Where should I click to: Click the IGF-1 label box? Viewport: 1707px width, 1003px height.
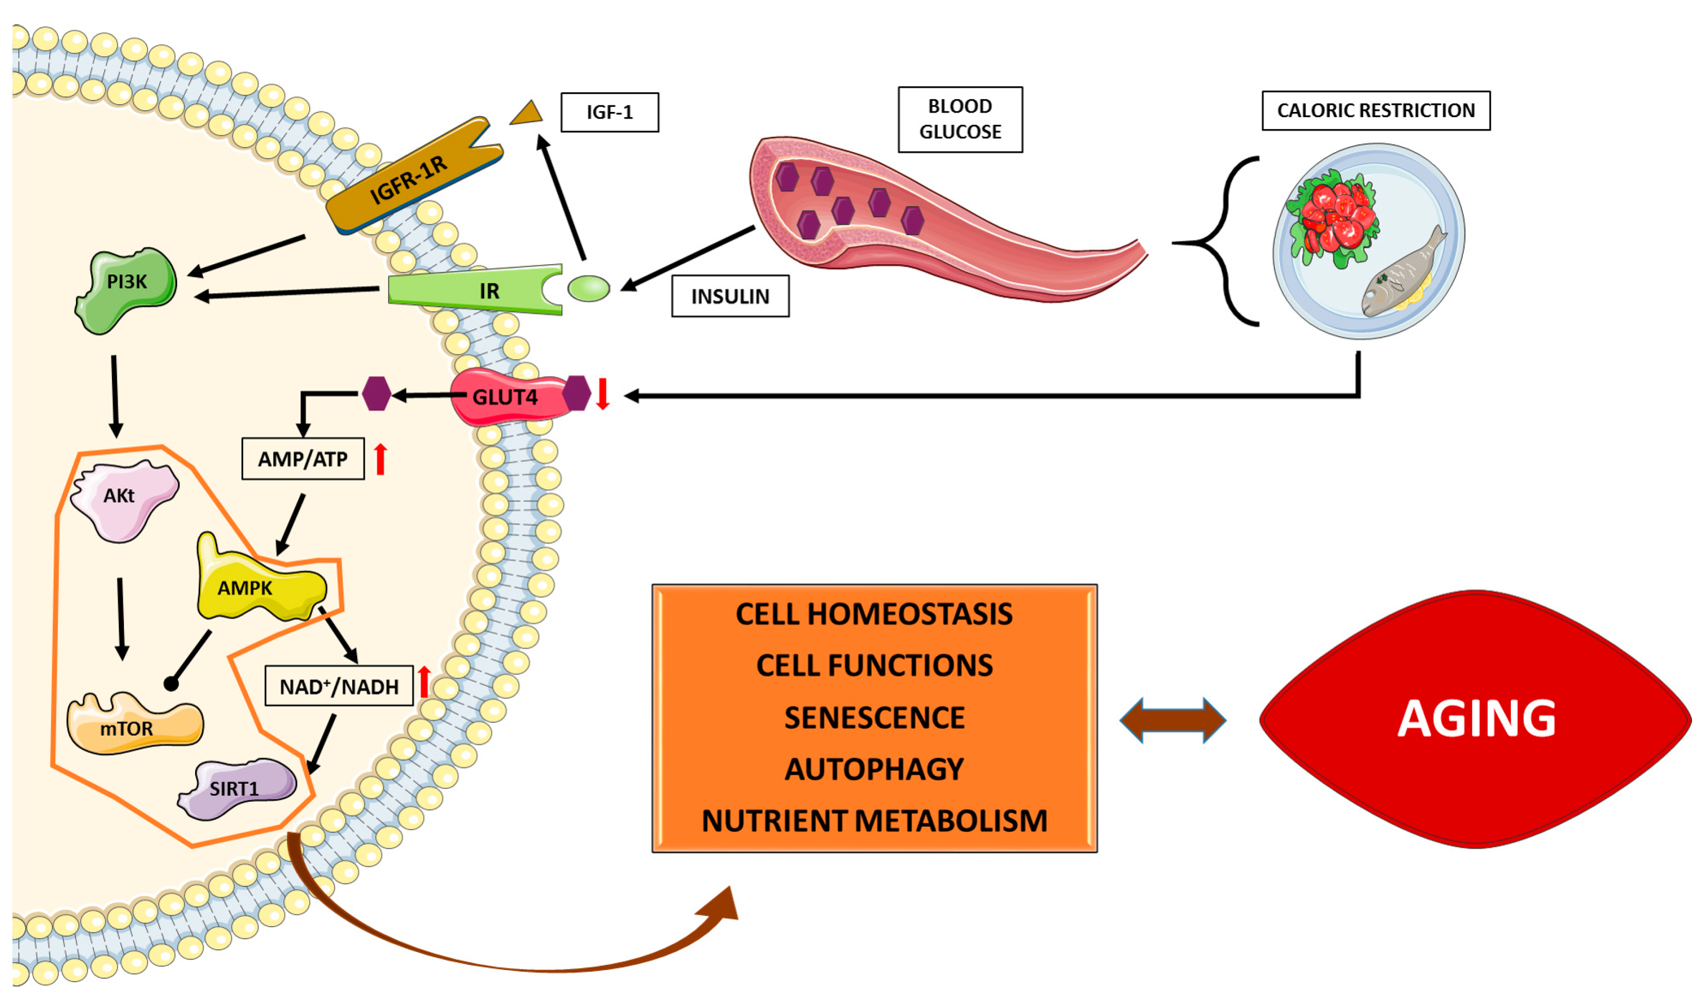pos(610,112)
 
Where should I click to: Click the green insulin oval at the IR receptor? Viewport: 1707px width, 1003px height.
pos(588,288)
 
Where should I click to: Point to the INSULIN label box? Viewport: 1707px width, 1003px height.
pos(730,296)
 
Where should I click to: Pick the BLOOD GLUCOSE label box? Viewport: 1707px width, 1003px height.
pos(961,119)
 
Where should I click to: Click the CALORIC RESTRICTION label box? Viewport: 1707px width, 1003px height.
pos(1376,110)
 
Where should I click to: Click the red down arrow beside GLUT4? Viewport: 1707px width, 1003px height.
pos(602,394)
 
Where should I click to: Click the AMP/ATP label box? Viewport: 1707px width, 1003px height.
pos(303,459)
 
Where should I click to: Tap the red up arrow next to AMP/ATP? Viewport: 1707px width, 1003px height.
pos(381,459)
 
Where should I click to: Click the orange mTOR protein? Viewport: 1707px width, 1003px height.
pos(135,724)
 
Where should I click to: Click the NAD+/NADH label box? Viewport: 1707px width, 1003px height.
pos(339,686)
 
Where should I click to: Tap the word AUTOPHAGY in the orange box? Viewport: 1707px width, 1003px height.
pos(874,769)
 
